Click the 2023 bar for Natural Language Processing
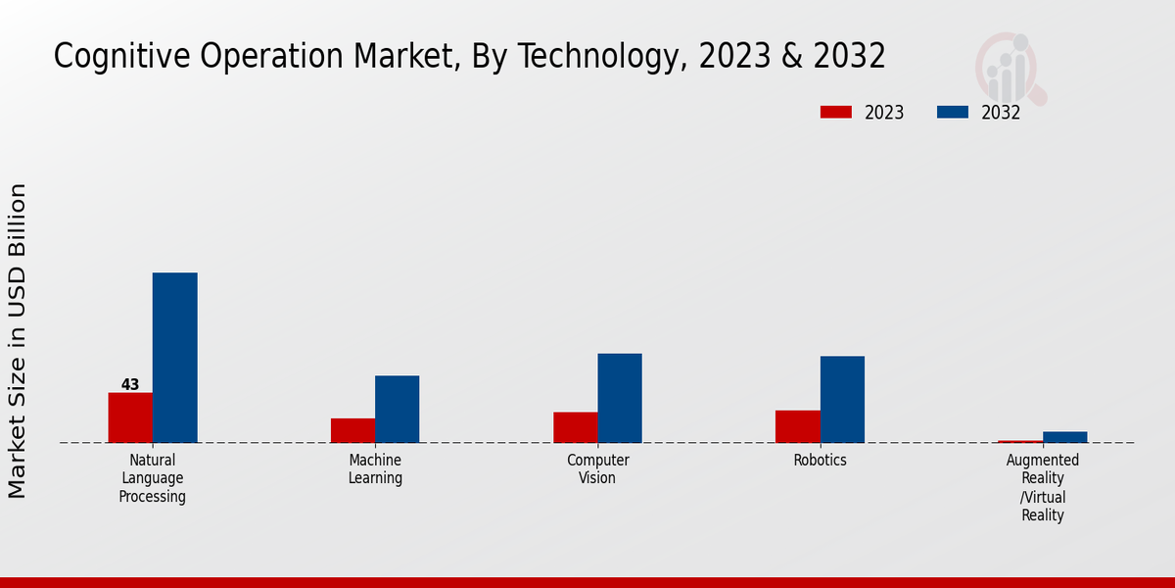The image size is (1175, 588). point(130,417)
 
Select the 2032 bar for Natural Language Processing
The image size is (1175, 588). point(174,358)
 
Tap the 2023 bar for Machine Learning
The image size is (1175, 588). point(352,430)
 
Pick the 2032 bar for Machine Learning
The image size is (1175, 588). point(397,409)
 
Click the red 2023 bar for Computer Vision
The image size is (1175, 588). point(575,427)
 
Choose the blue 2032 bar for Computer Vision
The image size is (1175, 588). point(620,398)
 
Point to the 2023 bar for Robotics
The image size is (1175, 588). point(797,426)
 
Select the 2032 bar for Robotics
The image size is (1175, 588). point(842,399)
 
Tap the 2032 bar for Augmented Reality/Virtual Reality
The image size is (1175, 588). point(1064,437)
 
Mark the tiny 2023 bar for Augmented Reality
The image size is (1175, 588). point(1020,441)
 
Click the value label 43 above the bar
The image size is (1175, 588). point(130,384)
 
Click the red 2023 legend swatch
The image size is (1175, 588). point(835,113)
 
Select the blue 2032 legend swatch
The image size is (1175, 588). point(952,113)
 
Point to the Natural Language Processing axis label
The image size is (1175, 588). point(153,478)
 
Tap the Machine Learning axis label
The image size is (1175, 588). point(375,469)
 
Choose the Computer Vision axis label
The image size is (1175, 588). point(597,469)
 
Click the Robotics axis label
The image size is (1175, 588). point(820,461)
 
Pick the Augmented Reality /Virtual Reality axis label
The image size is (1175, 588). point(1043,487)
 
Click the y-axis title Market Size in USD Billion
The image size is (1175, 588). point(18,340)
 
